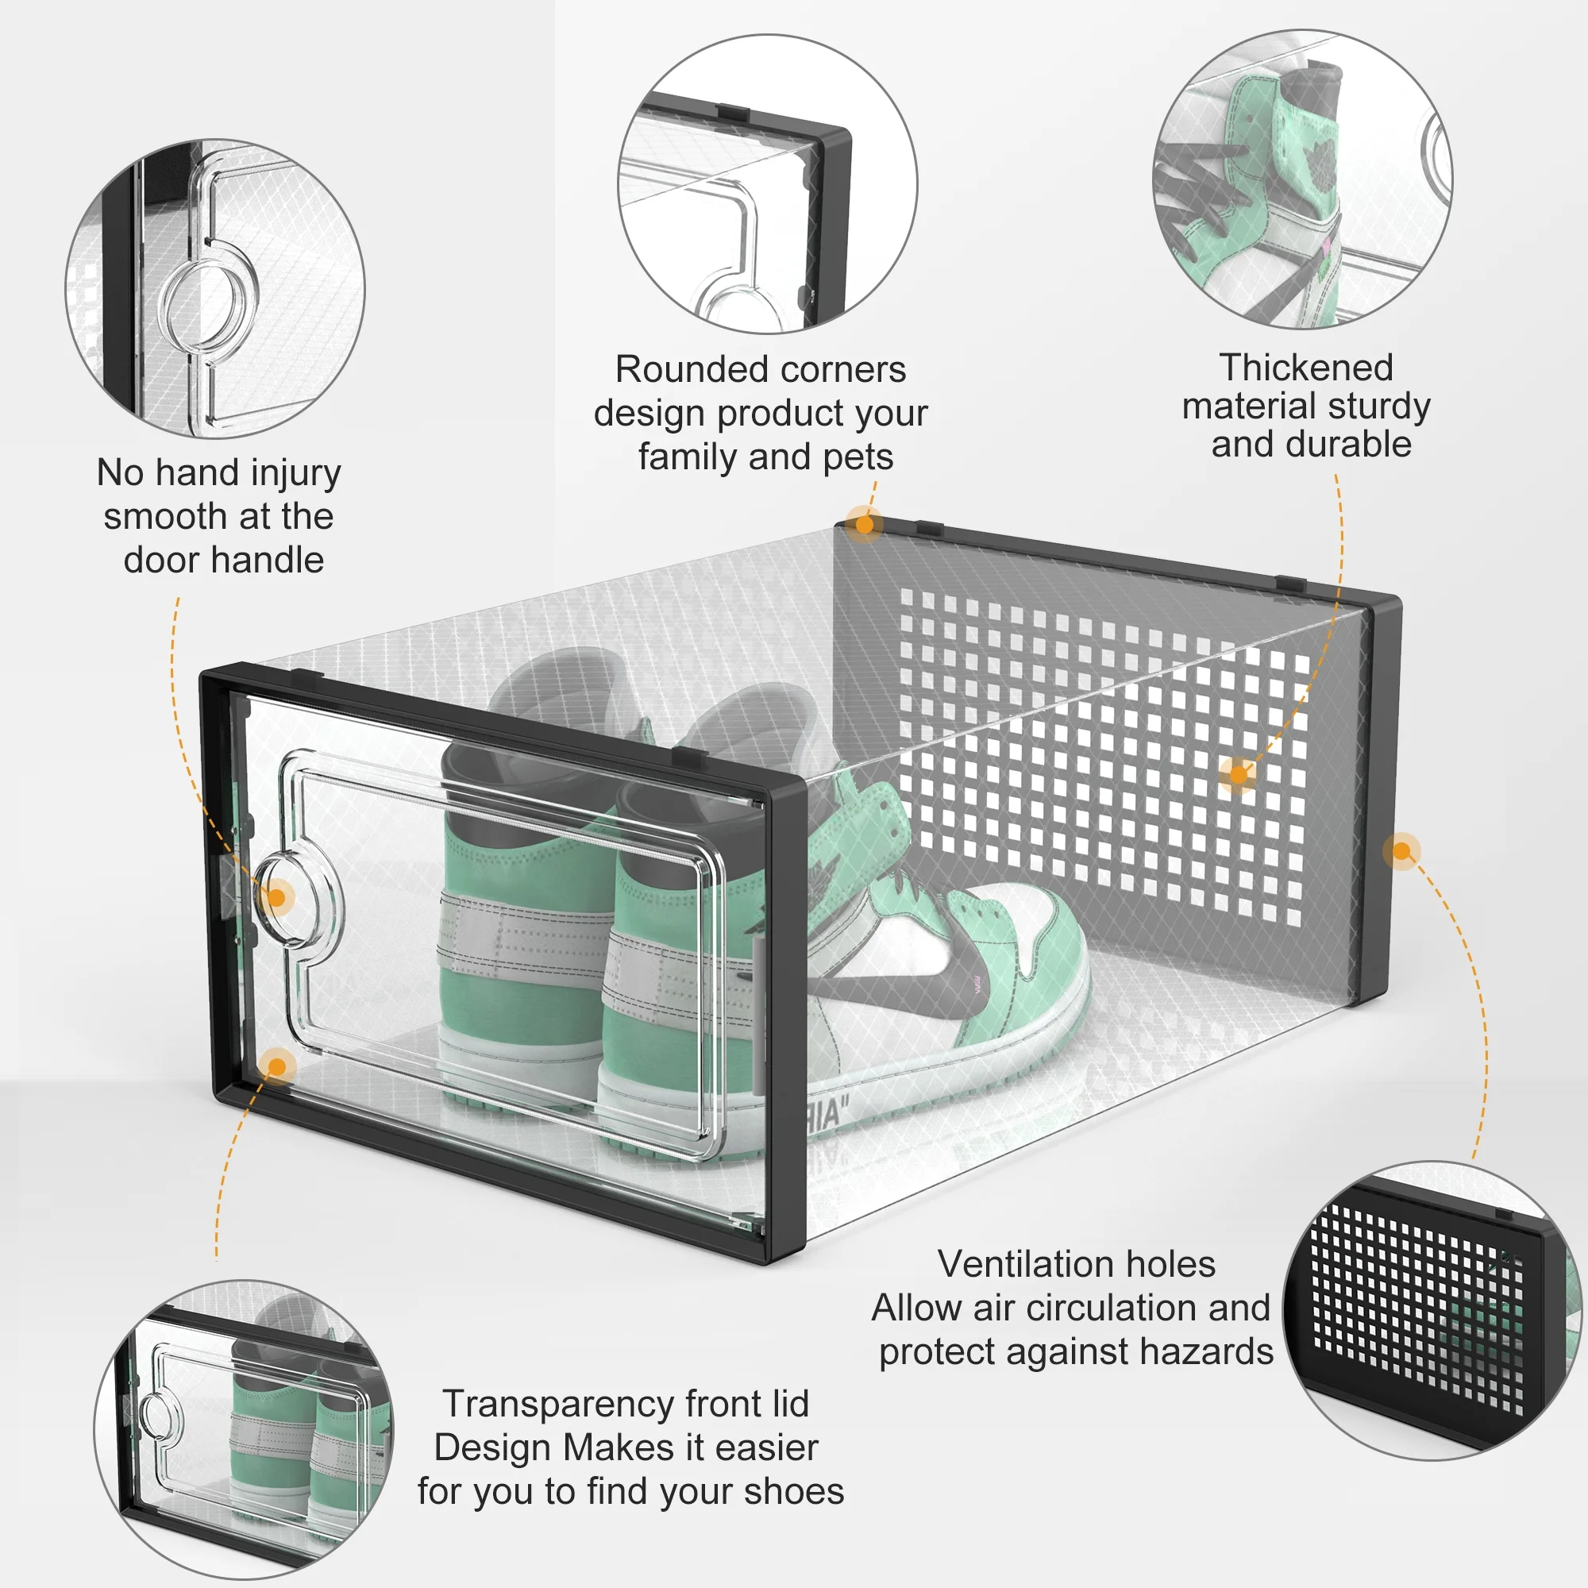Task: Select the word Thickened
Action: point(1306,368)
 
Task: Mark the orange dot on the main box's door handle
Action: point(277,897)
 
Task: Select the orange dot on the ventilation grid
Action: point(1239,774)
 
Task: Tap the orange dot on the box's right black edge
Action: point(1401,850)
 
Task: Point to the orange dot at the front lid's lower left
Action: point(277,1067)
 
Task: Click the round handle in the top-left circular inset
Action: point(208,303)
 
